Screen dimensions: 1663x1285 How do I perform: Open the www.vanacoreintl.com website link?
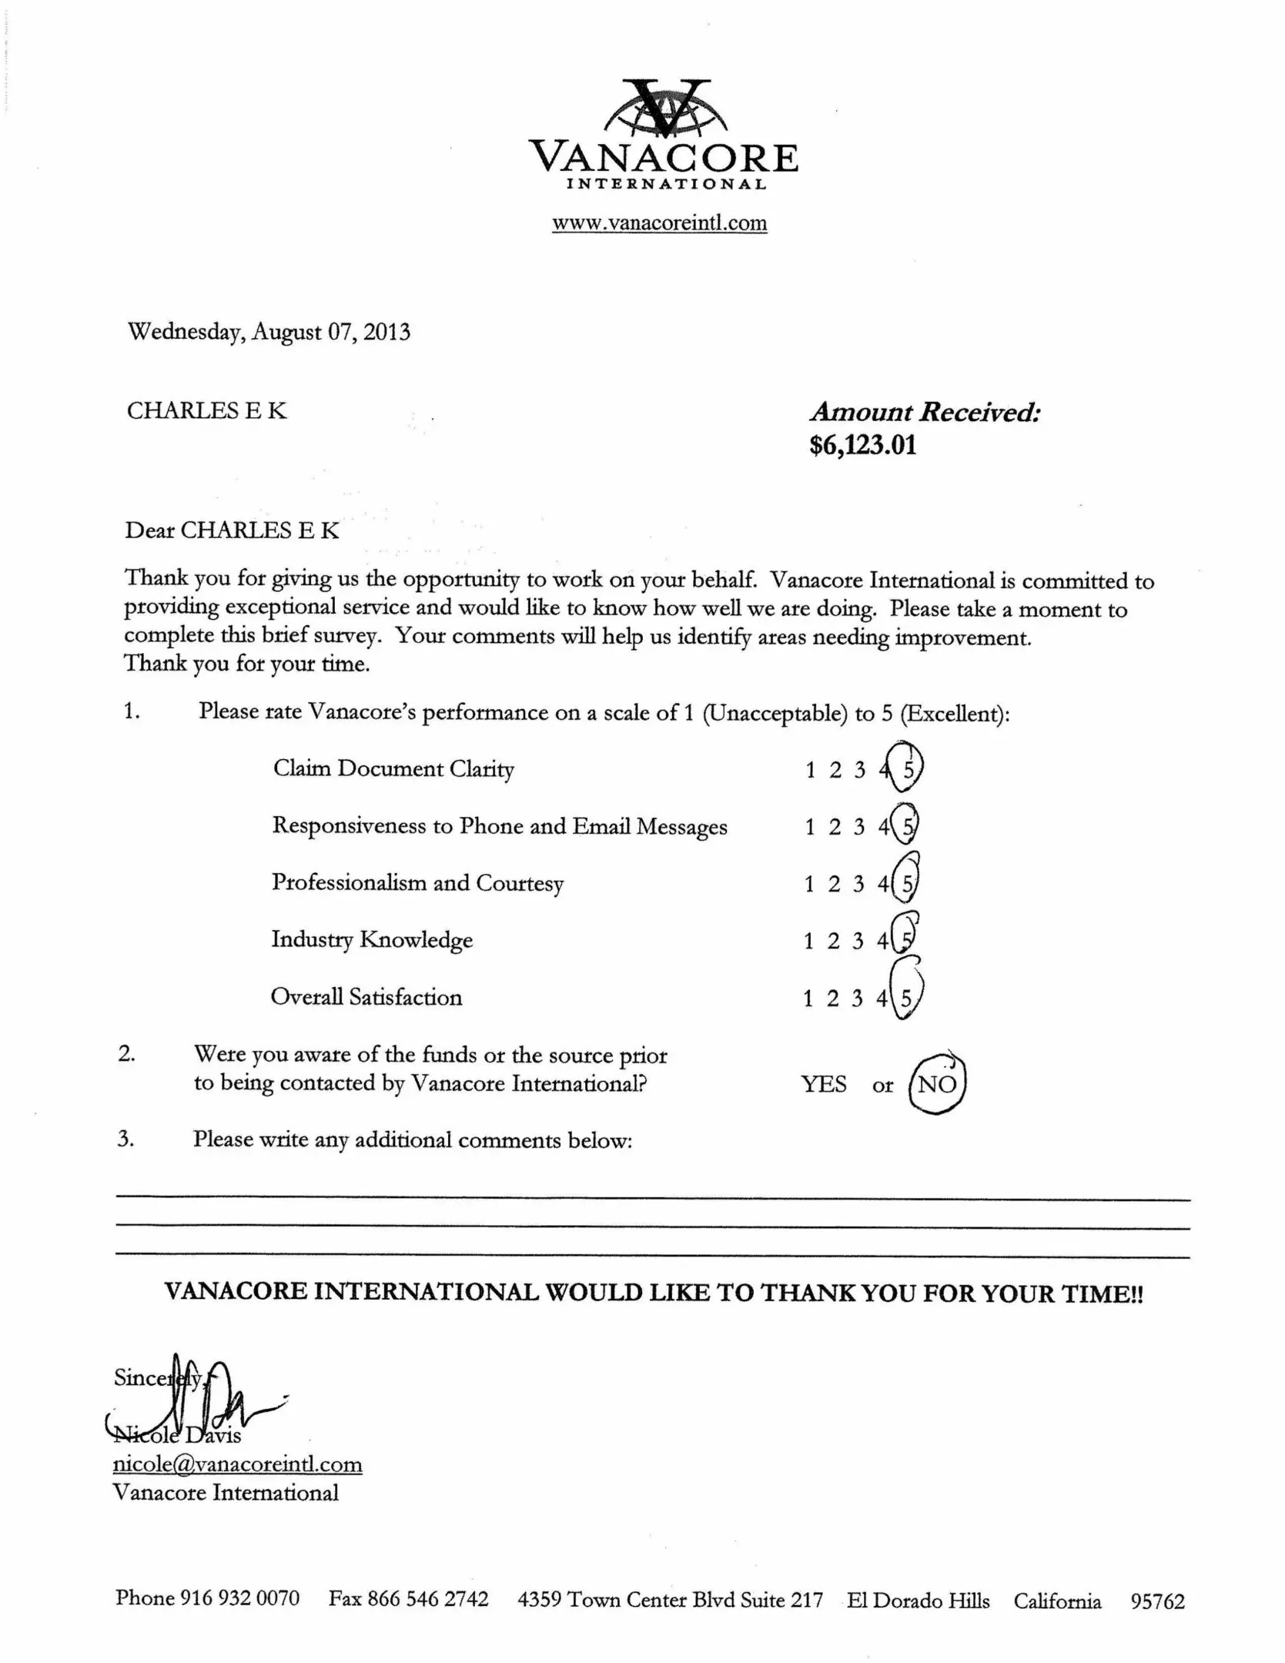coord(659,223)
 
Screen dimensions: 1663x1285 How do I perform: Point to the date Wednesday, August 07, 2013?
coord(269,332)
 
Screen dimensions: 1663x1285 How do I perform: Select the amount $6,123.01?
coord(862,445)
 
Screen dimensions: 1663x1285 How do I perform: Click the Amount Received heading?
coord(925,412)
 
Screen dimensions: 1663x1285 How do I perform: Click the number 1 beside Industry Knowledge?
coord(808,940)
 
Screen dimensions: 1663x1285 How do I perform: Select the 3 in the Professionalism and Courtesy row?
coord(858,884)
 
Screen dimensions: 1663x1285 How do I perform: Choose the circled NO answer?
coord(937,1084)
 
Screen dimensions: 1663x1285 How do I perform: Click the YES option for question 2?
coord(824,1084)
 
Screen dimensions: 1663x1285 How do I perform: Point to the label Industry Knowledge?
coord(372,940)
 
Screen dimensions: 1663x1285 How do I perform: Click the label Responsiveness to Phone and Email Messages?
coord(500,826)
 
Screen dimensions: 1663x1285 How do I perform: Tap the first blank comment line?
coord(652,1199)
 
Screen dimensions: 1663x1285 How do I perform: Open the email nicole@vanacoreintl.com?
coord(237,1464)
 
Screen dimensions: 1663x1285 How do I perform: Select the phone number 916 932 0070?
coord(239,1598)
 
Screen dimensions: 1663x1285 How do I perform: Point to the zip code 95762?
coord(1157,1601)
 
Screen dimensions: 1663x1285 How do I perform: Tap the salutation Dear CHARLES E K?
coord(232,530)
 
